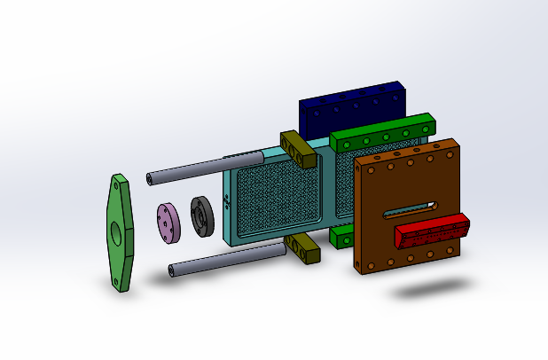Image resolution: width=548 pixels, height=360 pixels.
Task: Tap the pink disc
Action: (168, 222)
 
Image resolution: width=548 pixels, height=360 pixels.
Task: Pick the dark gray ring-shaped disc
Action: (201, 217)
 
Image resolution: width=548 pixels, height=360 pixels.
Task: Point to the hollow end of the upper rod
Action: (149, 179)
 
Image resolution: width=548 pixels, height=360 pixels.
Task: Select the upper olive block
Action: (298, 149)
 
